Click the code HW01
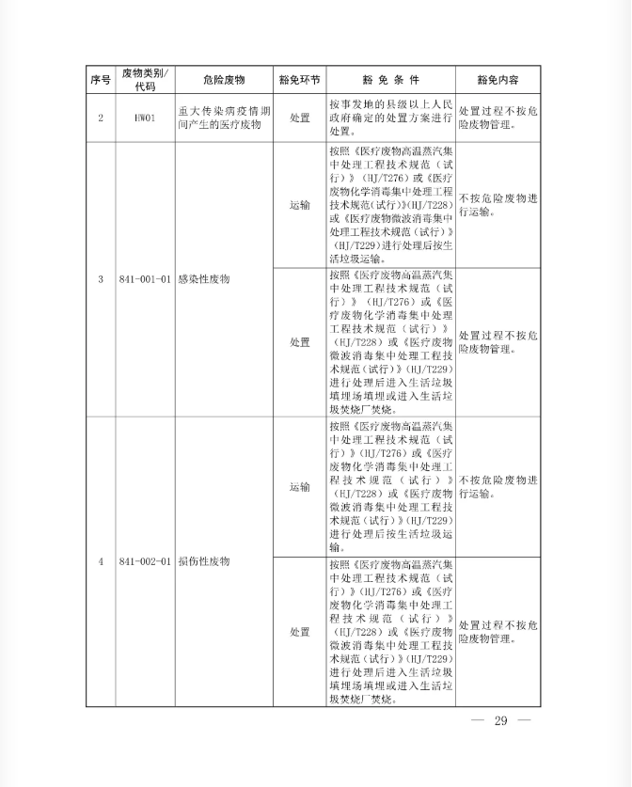coord(145,118)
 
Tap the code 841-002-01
coord(145,561)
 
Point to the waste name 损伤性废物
coord(204,561)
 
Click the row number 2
coord(101,118)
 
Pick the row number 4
coord(101,561)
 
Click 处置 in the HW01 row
coord(299,118)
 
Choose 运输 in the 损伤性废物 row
coord(299,487)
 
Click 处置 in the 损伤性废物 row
coord(299,631)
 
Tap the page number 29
coord(499,721)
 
